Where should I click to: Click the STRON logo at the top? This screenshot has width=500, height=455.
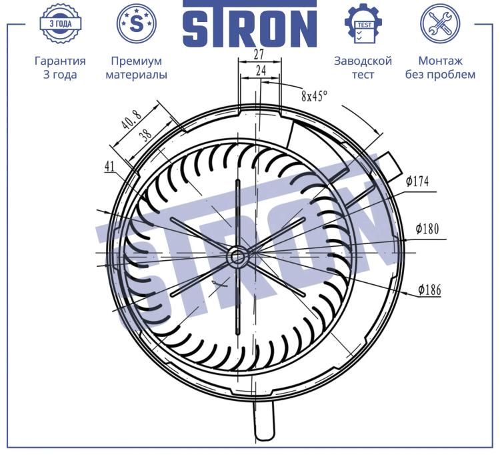point(250,24)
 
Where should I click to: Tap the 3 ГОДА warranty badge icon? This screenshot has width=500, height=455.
point(60,23)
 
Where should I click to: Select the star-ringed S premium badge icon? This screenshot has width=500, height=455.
point(137,23)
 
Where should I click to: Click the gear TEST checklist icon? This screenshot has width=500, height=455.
point(363,23)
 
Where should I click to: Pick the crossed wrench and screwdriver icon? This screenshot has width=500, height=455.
point(440,23)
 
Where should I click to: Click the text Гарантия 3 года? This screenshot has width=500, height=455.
point(60,67)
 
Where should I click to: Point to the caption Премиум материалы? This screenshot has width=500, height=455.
point(137,67)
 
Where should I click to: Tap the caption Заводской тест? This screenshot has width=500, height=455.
point(363,67)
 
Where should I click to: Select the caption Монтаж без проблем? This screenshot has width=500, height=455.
point(440,67)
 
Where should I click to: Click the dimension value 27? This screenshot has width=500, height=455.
point(259,55)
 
